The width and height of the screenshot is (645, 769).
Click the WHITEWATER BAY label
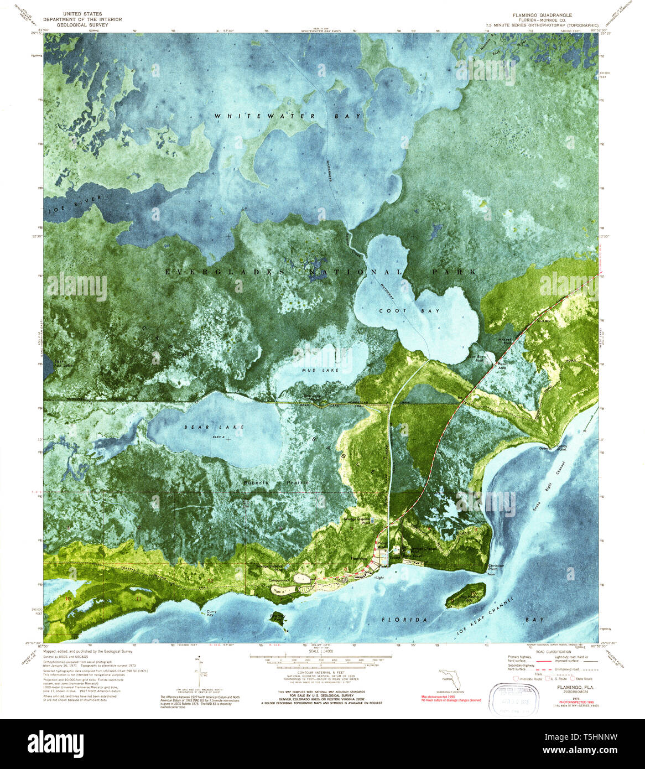(288, 116)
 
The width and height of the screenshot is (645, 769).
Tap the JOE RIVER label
(75, 204)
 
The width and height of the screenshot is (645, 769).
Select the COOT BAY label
(409, 311)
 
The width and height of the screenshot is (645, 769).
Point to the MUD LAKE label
(315, 370)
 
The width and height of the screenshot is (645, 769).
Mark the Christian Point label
(496, 568)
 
